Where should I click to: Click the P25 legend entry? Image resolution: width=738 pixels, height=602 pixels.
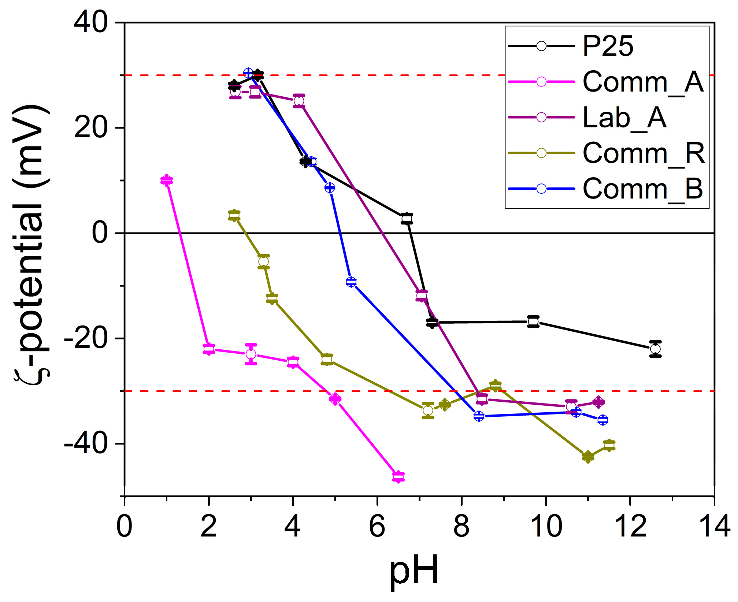608,46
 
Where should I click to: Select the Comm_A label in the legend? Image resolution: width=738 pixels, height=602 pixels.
643,82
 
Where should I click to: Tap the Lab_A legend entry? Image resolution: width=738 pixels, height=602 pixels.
624,118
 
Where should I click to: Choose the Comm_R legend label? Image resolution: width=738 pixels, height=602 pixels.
644,153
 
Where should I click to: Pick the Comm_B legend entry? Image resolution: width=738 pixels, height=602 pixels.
643,189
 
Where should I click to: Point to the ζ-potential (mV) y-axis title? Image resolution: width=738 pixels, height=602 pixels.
31,244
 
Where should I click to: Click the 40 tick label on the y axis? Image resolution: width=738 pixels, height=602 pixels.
91,23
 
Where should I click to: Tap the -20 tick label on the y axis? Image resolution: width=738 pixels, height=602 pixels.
86,338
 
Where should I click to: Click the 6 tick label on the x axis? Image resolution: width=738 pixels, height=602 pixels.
377,527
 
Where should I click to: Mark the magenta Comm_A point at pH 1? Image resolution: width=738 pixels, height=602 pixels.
167,180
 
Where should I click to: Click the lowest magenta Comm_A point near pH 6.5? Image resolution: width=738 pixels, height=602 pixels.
398,477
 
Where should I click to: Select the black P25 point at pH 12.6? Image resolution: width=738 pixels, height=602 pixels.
655,349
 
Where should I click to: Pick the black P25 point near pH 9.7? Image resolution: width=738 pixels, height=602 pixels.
533,322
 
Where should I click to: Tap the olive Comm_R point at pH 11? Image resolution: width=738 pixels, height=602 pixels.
588,457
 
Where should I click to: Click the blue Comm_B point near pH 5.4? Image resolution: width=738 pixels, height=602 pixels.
351,282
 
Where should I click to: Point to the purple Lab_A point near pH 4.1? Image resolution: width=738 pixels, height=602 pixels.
299,101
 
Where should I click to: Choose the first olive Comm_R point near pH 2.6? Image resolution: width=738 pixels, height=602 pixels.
234,216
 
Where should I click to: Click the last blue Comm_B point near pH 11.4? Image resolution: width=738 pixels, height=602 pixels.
602,420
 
